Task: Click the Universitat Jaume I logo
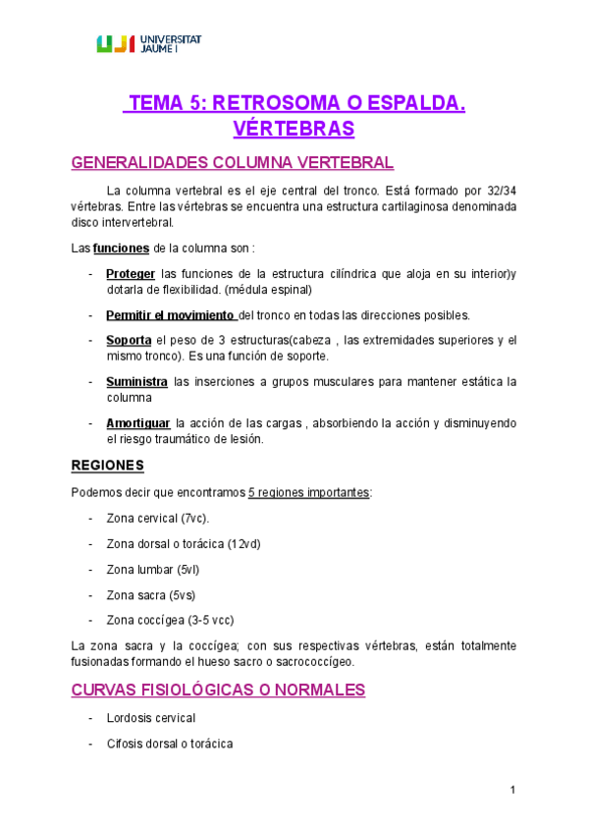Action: [x=148, y=42]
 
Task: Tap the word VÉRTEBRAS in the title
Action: [x=294, y=129]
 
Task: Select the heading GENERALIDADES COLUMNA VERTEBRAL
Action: [x=233, y=162]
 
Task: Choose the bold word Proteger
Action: [x=131, y=274]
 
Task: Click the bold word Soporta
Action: [x=128, y=340]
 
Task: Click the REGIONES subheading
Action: [x=108, y=464]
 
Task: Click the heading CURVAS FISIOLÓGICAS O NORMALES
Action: [x=218, y=691]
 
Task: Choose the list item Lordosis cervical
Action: [x=151, y=718]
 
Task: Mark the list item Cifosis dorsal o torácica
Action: [x=170, y=744]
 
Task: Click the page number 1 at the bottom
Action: [x=512, y=790]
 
